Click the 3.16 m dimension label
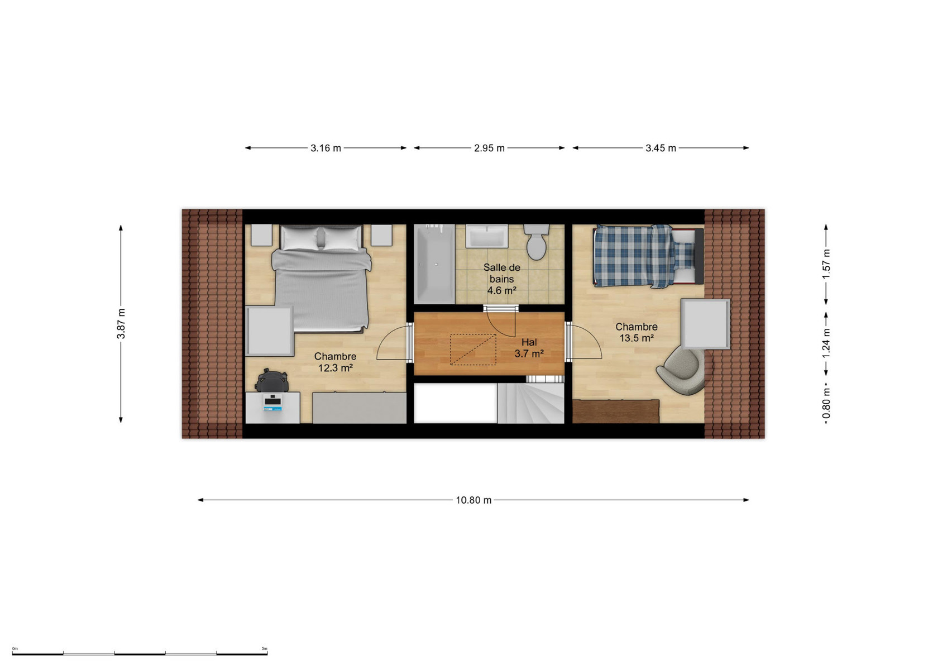(x=326, y=148)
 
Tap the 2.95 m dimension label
(x=489, y=148)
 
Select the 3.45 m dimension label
(x=661, y=148)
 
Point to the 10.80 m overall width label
(x=474, y=500)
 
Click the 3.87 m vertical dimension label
(x=121, y=324)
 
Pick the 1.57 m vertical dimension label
(x=826, y=264)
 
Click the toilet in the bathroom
(x=537, y=241)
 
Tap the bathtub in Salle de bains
(x=434, y=264)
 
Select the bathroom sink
(x=486, y=236)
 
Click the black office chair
(x=272, y=380)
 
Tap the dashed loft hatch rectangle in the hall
(x=472, y=349)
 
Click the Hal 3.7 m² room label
(x=529, y=348)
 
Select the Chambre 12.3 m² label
(x=335, y=362)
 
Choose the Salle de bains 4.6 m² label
(x=502, y=279)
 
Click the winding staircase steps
(x=530, y=403)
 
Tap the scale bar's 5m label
(x=264, y=648)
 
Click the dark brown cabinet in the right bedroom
(x=616, y=411)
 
